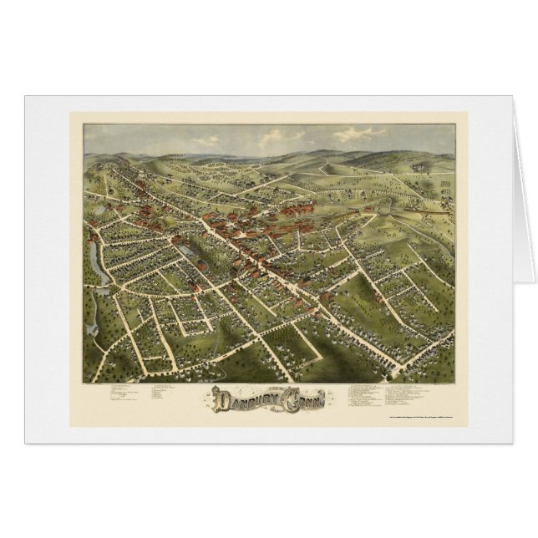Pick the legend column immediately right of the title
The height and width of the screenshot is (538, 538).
click(368, 393)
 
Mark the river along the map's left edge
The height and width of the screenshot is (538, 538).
click(94, 276)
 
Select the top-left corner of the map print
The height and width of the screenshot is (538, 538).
click(84, 124)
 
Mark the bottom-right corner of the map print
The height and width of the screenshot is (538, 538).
click(454, 382)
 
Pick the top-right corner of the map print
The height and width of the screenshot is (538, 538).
click(454, 124)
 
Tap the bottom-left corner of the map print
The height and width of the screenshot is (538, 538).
click(84, 382)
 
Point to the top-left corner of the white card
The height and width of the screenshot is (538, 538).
click(25, 96)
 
